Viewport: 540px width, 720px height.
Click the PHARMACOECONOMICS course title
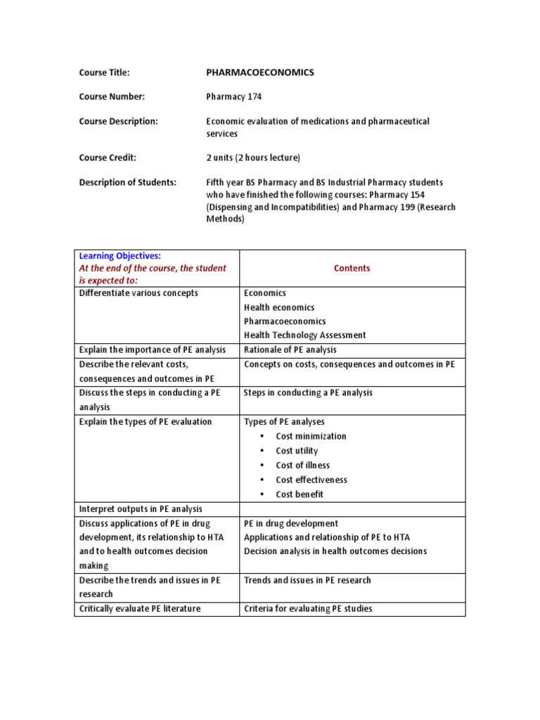click(x=259, y=72)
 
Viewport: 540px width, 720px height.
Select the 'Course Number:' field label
click(x=112, y=97)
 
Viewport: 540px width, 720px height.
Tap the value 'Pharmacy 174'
click(x=233, y=97)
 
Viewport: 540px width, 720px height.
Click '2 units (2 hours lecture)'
click(x=253, y=157)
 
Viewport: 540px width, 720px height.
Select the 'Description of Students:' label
click(x=127, y=182)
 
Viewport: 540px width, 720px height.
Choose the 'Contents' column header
click(x=352, y=268)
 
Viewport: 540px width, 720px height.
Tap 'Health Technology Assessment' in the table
click(x=304, y=335)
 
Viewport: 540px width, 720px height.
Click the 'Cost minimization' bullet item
click(x=311, y=436)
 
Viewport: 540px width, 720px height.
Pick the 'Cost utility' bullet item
click(x=297, y=451)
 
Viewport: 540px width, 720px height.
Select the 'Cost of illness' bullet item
click(x=302, y=465)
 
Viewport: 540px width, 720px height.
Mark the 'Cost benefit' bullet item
click(x=300, y=494)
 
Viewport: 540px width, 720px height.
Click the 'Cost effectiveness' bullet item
click(x=311, y=480)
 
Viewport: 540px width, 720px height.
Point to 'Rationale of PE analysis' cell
click(x=290, y=349)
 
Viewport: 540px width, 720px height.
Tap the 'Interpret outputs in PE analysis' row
click(x=141, y=509)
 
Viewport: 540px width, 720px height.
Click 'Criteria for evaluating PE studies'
click(x=308, y=608)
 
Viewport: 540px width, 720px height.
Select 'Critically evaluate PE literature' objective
click(x=140, y=608)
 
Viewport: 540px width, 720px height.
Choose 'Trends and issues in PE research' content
click(x=307, y=580)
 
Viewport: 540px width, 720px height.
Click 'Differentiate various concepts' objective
click(x=139, y=293)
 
